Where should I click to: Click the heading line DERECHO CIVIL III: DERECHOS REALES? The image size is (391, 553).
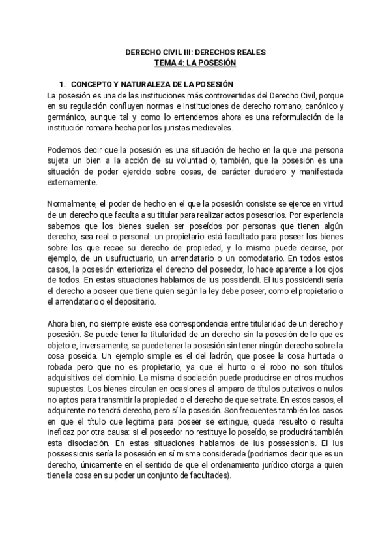195,52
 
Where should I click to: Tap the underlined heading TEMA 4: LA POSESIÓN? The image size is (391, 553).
195,63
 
